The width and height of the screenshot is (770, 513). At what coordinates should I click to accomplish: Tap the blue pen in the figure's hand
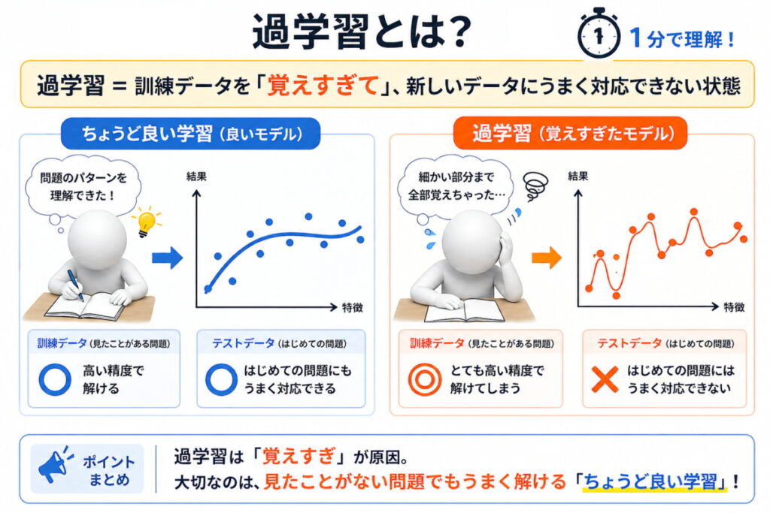point(75,285)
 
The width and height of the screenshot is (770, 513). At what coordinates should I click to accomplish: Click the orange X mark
point(605,380)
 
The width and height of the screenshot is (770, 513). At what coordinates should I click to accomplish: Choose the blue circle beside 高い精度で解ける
point(53,380)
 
